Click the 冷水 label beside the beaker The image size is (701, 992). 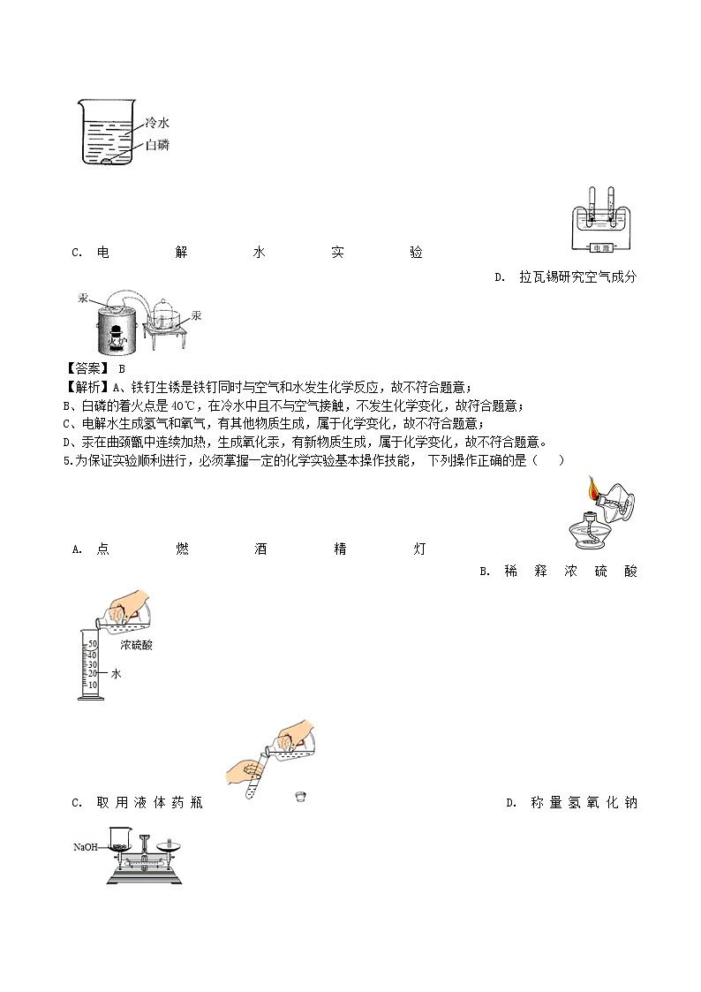tap(156, 125)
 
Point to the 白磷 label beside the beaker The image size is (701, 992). tap(156, 145)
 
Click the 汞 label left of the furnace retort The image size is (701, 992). tap(83, 299)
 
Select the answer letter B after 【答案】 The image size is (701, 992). tap(122, 369)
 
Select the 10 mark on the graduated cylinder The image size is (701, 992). tap(92, 685)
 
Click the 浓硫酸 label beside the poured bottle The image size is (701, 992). tap(137, 646)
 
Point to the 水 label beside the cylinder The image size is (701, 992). tap(116, 674)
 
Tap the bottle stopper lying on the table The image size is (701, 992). tap(301, 797)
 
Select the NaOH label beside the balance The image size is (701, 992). tap(86, 847)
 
